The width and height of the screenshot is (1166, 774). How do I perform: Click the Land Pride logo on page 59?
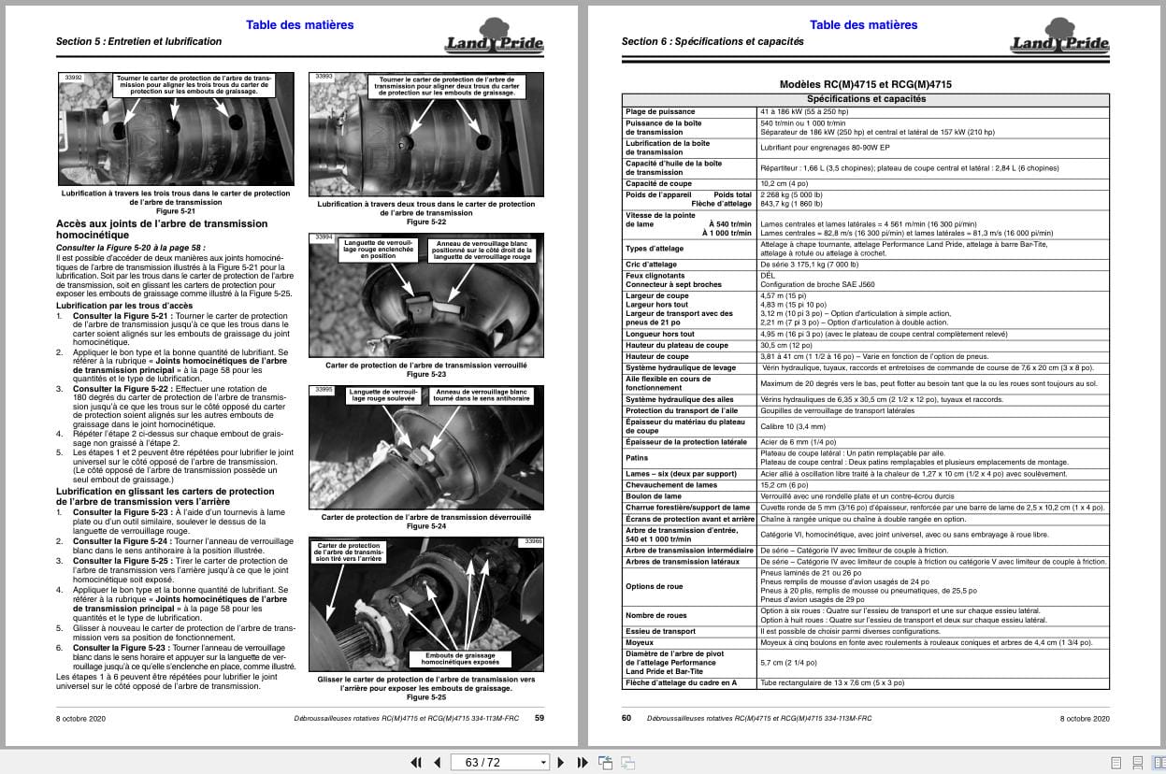pyautogui.click(x=495, y=37)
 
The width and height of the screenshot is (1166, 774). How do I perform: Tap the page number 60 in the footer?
pyautogui.click(x=626, y=718)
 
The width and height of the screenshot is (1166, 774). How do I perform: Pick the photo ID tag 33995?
pyautogui.click(x=324, y=389)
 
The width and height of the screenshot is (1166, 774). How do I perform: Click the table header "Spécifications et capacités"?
pyautogui.click(x=866, y=99)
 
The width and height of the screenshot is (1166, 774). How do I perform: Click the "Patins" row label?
pyautogui.click(x=637, y=458)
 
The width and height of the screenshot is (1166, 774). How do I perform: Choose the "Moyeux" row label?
pyautogui.click(x=641, y=643)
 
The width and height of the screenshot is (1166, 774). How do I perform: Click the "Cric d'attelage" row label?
pyautogui.click(x=651, y=265)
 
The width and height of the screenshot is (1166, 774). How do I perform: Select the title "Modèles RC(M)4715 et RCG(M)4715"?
pyautogui.click(x=866, y=84)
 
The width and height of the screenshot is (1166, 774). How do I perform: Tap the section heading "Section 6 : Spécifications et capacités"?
pyautogui.click(x=713, y=42)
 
